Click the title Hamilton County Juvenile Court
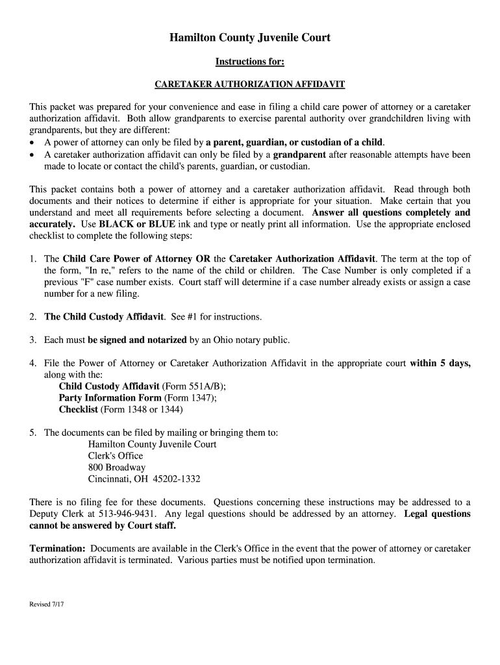[x=250, y=38]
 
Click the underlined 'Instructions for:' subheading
[x=250, y=62]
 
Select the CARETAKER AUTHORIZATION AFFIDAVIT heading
[x=249, y=84]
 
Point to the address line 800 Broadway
[x=117, y=468]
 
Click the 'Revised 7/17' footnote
[x=46, y=604]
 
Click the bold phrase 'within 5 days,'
[x=440, y=363]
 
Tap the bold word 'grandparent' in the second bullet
[x=299, y=155]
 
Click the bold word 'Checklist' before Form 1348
[x=78, y=410]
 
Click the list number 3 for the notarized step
[x=32, y=340]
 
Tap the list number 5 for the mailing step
[x=32, y=433]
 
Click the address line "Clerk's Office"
[x=116, y=456]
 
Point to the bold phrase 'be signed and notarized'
[x=137, y=340]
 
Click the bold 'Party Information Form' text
[x=110, y=398]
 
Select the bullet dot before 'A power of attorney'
[x=33, y=143]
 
